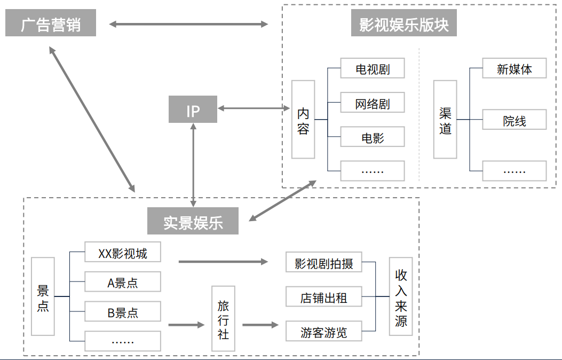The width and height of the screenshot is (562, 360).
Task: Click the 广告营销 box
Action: tap(51, 25)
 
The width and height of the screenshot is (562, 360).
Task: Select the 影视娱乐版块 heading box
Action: tap(403, 25)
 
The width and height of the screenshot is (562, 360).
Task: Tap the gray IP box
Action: tap(193, 110)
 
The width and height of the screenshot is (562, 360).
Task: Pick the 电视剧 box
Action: tap(373, 69)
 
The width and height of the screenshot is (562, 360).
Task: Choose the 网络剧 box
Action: tap(373, 104)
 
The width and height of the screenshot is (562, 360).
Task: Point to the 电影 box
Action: tap(373, 138)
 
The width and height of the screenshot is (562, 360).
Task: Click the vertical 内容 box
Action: tap(303, 120)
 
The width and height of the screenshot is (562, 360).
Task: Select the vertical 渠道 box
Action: tap(445, 120)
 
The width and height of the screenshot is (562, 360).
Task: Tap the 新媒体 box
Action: tap(514, 69)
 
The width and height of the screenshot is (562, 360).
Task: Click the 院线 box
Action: tap(514, 121)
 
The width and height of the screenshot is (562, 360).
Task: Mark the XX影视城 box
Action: tap(123, 253)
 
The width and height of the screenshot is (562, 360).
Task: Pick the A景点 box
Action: tap(123, 283)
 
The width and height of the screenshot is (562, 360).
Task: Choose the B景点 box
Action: tap(123, 312)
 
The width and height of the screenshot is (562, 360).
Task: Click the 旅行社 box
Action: tap(223, 319)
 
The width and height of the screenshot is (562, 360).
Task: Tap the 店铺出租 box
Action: tap(324, 297)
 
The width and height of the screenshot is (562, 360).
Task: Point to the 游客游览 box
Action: tap(324, 332)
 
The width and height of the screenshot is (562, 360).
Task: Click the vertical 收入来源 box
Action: tap(401, 297)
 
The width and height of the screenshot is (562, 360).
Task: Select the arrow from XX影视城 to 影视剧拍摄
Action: tap(223, 262)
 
